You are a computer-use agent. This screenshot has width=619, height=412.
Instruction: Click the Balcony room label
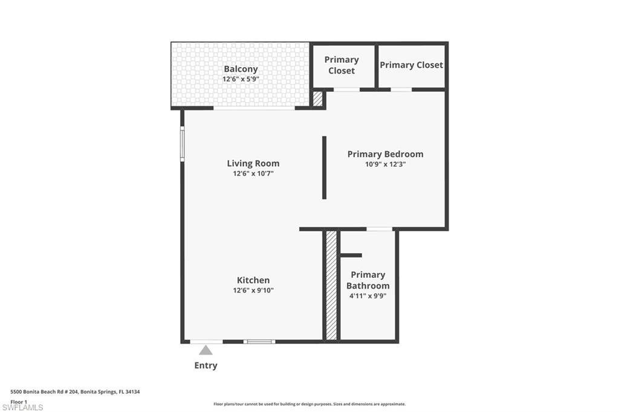coord(241,69)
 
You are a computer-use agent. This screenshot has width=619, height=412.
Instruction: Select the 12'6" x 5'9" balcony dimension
coord(241,79)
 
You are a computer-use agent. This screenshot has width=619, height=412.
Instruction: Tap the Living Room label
coord(253,163)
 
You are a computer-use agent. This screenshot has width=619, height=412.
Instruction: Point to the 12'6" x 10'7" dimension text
coord(253,173)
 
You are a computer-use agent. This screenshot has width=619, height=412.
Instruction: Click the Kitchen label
coord(253,280)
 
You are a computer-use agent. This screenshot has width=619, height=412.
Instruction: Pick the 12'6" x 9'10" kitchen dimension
coord(253,290)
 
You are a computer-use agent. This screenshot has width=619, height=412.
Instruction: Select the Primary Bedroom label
coord(385,154)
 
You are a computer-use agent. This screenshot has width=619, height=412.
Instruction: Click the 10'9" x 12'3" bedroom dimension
coord(385,164)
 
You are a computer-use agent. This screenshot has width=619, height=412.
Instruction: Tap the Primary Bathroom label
coord(368,280)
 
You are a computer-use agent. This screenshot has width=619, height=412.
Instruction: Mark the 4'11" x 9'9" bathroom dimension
coord(368,296)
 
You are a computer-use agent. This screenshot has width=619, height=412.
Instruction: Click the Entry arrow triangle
coord(206,350)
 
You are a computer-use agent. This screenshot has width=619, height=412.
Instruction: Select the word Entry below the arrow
coord(206,365)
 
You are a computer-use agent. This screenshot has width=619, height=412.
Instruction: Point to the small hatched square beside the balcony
coord(318,98)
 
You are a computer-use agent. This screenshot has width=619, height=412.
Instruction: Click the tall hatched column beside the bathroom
coord(331,285)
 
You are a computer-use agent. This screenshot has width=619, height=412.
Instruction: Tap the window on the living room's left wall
coord(182,143)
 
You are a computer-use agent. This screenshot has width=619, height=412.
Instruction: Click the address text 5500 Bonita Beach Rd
coord(76,392)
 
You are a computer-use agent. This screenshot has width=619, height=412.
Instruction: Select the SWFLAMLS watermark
coord(23,407)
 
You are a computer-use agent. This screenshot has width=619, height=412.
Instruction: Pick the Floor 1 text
coord(19,401)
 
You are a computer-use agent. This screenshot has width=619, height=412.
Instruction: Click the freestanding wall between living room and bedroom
coord(324,167)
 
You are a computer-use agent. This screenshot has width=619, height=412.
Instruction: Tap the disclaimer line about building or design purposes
coord(309,404)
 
